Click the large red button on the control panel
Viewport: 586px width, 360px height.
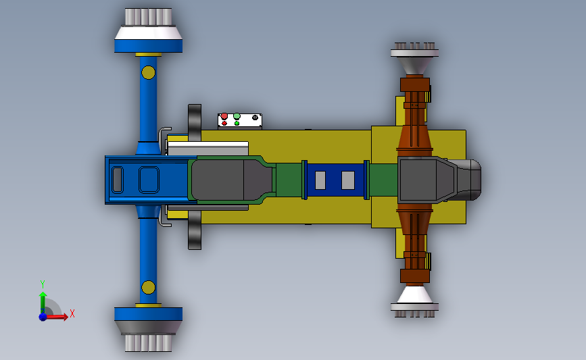(224, 116)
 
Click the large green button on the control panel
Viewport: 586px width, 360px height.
(237, 116)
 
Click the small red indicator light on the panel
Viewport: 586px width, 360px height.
(224, 124)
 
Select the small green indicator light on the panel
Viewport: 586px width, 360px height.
(237, 124)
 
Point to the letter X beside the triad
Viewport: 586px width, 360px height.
(72, 313)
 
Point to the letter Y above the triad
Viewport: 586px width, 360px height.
(42, 284)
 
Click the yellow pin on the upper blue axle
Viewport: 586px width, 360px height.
(148, 72)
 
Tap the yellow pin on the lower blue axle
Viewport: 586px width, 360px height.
(148, 289)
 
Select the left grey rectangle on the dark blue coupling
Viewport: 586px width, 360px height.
(320, 180)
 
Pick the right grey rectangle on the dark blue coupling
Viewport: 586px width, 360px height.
(347, 180)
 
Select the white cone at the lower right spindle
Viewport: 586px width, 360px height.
(414, 294)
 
